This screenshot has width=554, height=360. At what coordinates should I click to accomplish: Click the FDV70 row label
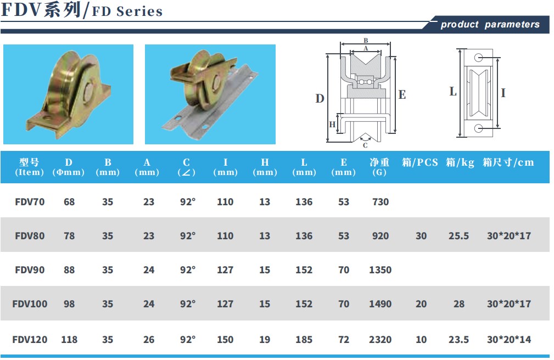[x=30, y=202]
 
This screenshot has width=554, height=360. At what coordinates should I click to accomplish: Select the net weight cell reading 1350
[x=380, y=270]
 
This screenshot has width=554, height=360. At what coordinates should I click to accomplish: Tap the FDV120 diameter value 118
[x=69, y=340]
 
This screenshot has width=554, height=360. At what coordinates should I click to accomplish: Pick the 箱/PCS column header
[x=419, y=162]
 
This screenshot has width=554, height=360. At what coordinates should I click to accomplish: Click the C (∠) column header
[x=186, y=167]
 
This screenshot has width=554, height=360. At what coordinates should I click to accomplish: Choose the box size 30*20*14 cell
[x=509, y=340]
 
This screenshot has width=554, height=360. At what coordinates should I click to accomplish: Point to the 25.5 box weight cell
[x=458, y=235]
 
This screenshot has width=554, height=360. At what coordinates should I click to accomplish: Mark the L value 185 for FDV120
[x=304, y=340]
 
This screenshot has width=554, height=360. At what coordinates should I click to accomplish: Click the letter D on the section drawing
[x=320, y=98]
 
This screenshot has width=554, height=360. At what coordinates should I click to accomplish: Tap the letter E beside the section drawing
[x=402, y=94]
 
